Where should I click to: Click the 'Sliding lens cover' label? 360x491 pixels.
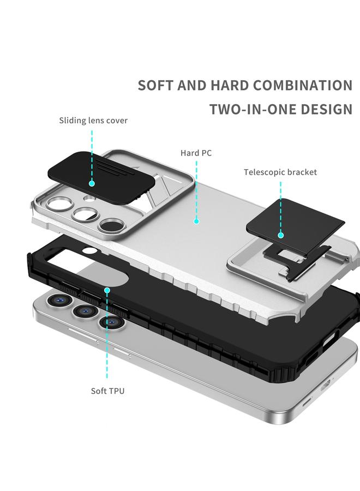[93, 121]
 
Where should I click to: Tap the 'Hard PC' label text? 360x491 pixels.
[196, 153]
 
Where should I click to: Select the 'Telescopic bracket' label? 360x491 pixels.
[280, 172]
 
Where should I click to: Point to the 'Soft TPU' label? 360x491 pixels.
[107, 391]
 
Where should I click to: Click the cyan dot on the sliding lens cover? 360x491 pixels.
[92, 183]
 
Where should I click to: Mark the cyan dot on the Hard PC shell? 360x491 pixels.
[196, 221]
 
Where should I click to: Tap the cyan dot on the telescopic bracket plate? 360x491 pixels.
[280, 235]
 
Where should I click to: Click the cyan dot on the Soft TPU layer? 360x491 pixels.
[107, 291]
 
